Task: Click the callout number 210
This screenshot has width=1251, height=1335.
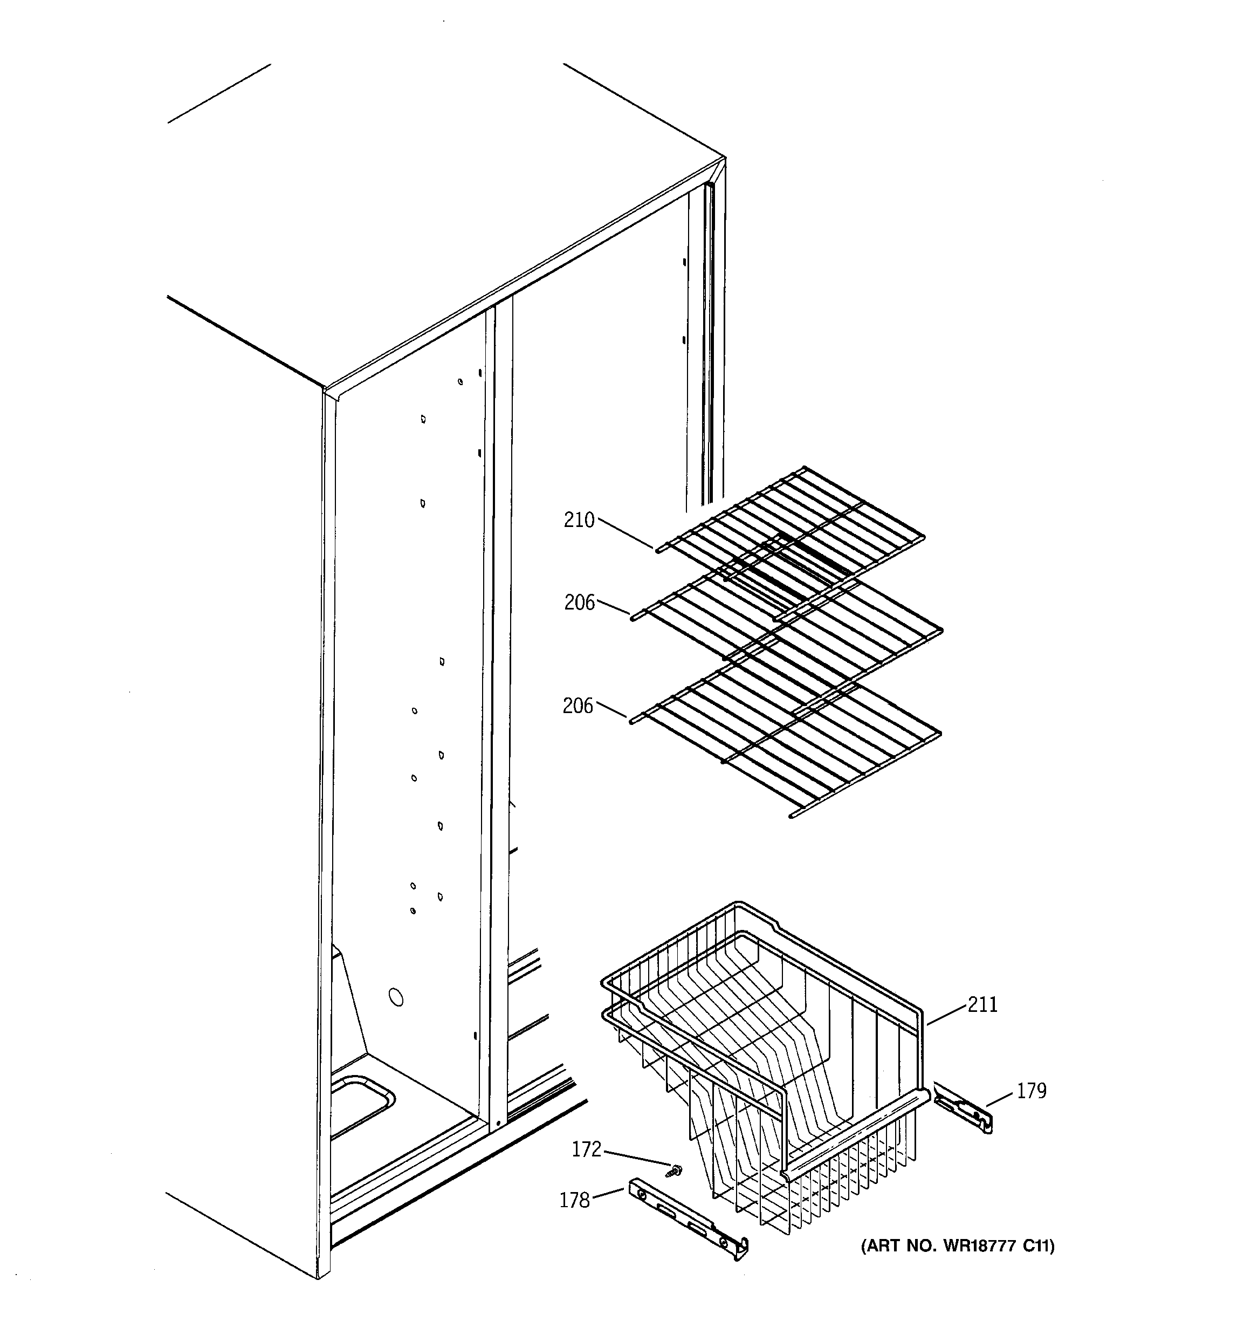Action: [x=579, y=520]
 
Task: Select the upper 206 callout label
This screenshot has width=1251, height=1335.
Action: [x=579, y=603]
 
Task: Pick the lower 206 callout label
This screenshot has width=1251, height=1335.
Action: [x=578, y=706]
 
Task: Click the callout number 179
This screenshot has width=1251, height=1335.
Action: [x=1032, y=1091]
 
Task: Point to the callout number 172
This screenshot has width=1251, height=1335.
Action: [x=586, y=1149]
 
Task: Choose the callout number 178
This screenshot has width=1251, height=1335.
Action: [x=574, y=1200]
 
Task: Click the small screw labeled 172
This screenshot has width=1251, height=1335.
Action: [x=671, y=1170]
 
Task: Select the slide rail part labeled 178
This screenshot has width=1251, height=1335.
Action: [x=688, y=1215]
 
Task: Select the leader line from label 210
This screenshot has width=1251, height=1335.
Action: [x=624, y=533]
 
